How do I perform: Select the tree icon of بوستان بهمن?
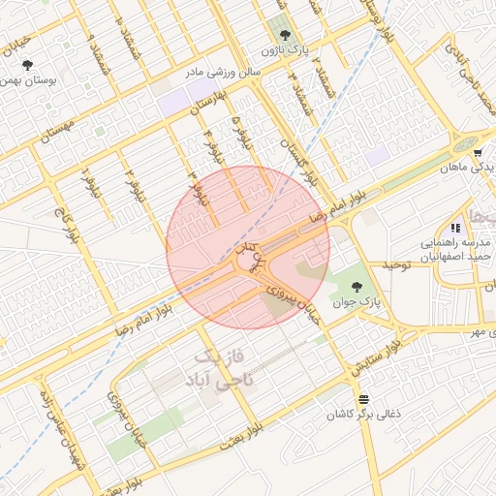[x=27, y=65]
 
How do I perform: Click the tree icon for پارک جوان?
[x=357, y=287]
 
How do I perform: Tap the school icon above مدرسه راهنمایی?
[x=454, y=227]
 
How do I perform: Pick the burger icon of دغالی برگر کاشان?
[x=363, y=399]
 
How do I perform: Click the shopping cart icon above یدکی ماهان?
[x=479, y=152]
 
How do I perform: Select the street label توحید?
[x=397, y=264]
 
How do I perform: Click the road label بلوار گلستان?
[x=296, y=161]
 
